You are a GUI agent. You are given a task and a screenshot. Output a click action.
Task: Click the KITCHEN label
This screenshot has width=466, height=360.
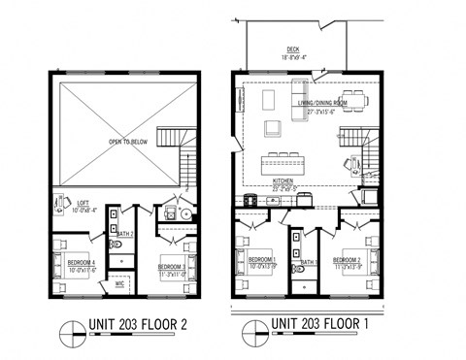283,180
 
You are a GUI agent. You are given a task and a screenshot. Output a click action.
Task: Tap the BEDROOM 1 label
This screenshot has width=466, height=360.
263,259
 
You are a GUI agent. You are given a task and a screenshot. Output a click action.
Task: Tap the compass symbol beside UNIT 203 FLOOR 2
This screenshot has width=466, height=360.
71,327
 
